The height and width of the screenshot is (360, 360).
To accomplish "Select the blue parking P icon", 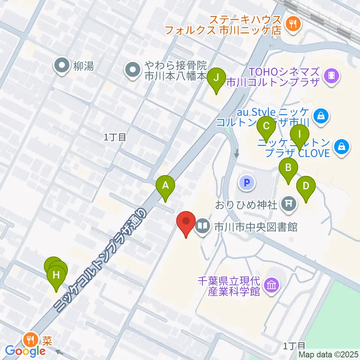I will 247,183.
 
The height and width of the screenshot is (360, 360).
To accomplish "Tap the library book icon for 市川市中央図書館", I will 202,226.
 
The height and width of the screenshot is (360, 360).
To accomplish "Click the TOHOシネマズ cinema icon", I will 332,76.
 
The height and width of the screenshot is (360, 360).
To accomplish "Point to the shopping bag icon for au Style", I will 321,116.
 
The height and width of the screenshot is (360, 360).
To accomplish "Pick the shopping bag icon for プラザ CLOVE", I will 342,147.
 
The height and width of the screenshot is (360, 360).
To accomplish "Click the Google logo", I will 25,351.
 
